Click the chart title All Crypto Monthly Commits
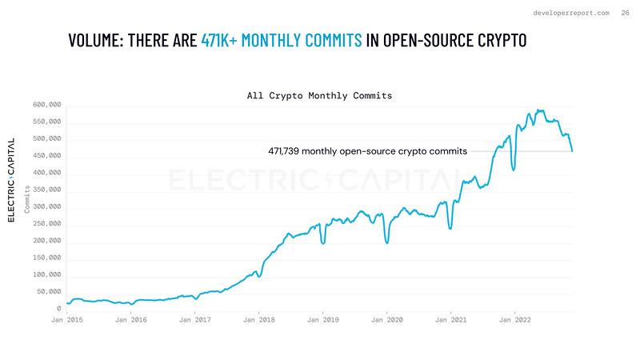click(x=320, y=95)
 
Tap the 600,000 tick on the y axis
click(x=47, y=105)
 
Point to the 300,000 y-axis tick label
click(x=47, y=207)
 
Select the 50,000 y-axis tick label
click(x=50, y=292)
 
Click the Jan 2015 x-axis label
click(x=67, y=319)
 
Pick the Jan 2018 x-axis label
click(x=258, y=319)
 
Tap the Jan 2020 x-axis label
click(x=386, y=319)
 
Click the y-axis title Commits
click(x=28, y=200)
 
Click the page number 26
click(x=625, y=12)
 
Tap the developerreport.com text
click(x=570, y=12)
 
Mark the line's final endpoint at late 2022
click(x=572, y=150)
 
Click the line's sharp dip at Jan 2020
click(x=387, y=242)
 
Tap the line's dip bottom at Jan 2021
click(x=451, y=229)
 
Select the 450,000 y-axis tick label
click(x=47, y=156)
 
